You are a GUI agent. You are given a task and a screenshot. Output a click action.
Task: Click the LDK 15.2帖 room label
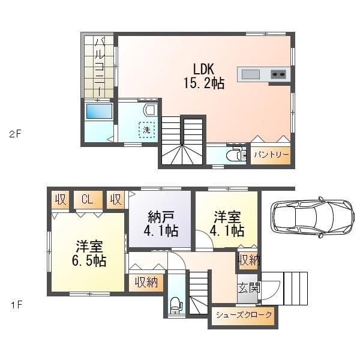pyautogui.click(x=204, y=76)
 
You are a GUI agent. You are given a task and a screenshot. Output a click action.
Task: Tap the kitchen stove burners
pyautogui.click(x=278, y=74)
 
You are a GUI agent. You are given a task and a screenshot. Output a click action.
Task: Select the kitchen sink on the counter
pyautogui.click(x=251, y=74)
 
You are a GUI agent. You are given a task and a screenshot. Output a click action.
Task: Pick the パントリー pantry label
pyautogui.click(x=271, y=155)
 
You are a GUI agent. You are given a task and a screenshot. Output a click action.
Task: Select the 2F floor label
pyautogui.click(x=15, y=134)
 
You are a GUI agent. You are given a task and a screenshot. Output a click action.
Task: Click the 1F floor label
pyautogui.click(x=15, y=305)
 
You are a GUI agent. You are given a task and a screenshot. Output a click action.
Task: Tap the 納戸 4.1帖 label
pyautogui.click(x=159, y=224)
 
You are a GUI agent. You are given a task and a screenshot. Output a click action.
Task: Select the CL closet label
pyautogui.click(x=88, y=199)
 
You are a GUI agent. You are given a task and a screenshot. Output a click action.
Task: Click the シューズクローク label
pyautogui.click(x=244, y=315)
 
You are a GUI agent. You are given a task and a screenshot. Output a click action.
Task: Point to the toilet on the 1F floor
pyautogui.click(x=176, y=305)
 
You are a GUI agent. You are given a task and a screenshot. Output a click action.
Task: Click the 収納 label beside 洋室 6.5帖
pyautogui.click(x=145, y=281)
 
